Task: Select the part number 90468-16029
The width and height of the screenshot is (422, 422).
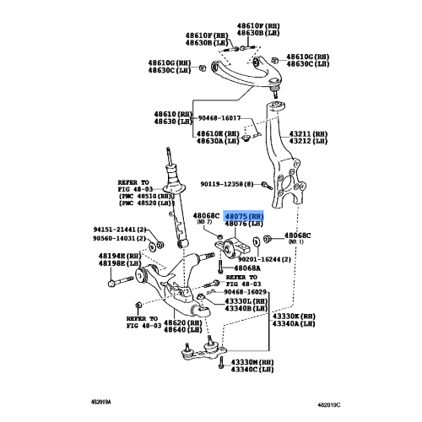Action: click(x=251, y=291)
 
